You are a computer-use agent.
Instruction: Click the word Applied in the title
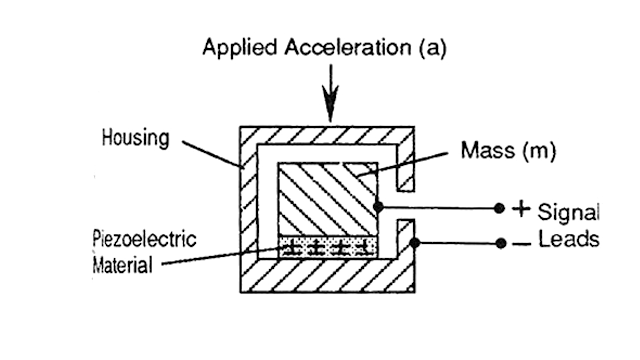pyautogui.click(x=233, y=47)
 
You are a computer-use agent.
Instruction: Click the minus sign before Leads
pyautogui.click(x=519, y=243)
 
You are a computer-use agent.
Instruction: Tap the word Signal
pyautogui.click(x=567, y=212)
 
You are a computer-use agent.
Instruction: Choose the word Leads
pyautogui.click(x=567, y=242)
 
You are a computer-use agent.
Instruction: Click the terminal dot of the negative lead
pyautogui.click(x=499, y=243)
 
